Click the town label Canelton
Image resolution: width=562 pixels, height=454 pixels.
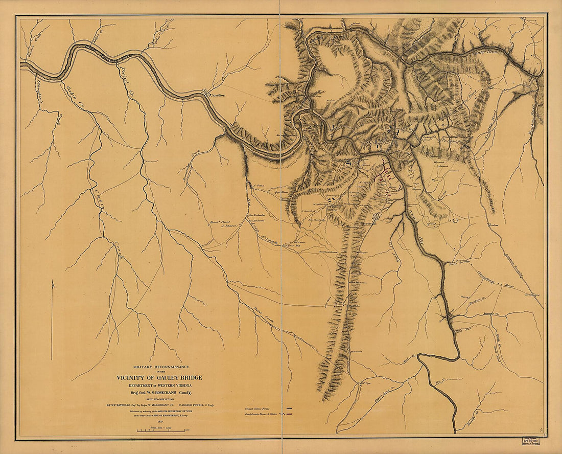[x=216, y=96]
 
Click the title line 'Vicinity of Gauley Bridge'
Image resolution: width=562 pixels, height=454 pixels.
[x=158, y=378]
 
